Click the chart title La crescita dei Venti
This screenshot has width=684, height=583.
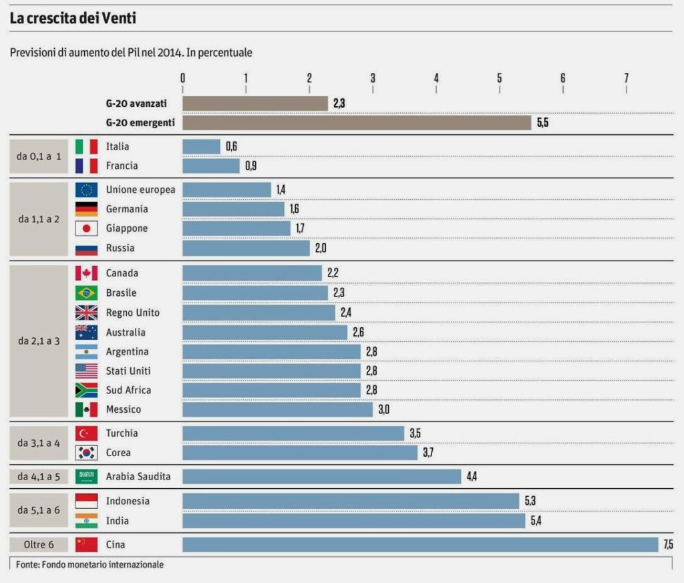coord(73,18)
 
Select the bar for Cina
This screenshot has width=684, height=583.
coord(420,544)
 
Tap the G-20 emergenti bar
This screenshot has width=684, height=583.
coord(357,123)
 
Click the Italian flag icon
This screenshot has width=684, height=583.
coord(86,146)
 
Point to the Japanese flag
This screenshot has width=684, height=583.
coord(86,228)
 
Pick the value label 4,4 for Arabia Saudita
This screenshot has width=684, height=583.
coord(472,476)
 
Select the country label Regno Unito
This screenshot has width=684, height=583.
coord(132,313)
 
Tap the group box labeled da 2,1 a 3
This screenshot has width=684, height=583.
coord(39,341)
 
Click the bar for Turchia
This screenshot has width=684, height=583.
coord(293,433)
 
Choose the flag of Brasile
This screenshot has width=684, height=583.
coord(86,293)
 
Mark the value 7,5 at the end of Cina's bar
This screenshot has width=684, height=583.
coord(668,544)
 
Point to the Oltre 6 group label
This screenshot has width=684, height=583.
coord(39,544)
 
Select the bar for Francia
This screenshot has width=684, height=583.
coord(211,166)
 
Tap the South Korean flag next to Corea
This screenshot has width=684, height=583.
coord(86,453)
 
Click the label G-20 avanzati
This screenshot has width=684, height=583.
coord(136,104)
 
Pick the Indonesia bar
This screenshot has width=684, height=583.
coord(351,501)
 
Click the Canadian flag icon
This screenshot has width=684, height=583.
coord(86,273)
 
